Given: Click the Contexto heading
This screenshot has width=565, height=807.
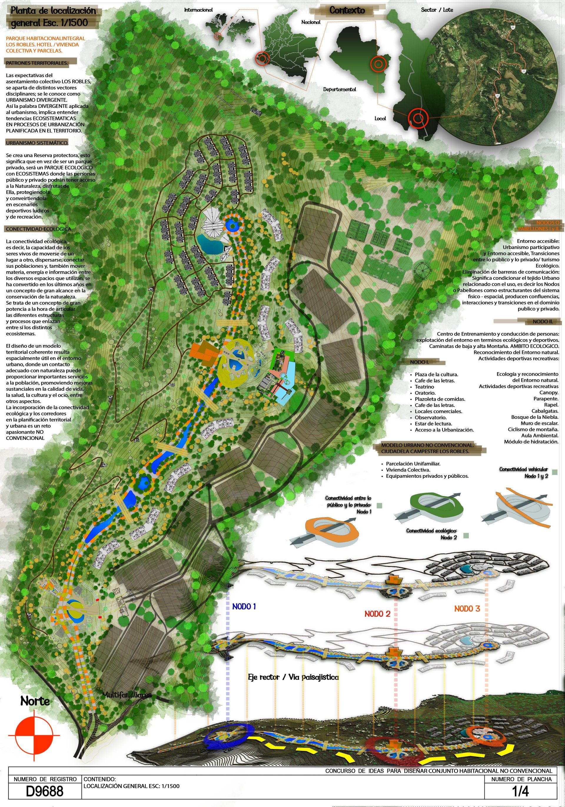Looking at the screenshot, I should coord(347,11).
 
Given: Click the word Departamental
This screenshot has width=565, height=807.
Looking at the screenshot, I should coord(340,89).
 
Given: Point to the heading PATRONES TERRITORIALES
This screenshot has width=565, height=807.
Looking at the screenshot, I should coord(36,63).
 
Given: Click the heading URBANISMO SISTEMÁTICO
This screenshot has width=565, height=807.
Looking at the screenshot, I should coord(37,143).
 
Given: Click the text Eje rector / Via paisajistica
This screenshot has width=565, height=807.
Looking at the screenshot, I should coord(293,677).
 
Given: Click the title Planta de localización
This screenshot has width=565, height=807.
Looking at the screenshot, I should coord(53,11).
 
